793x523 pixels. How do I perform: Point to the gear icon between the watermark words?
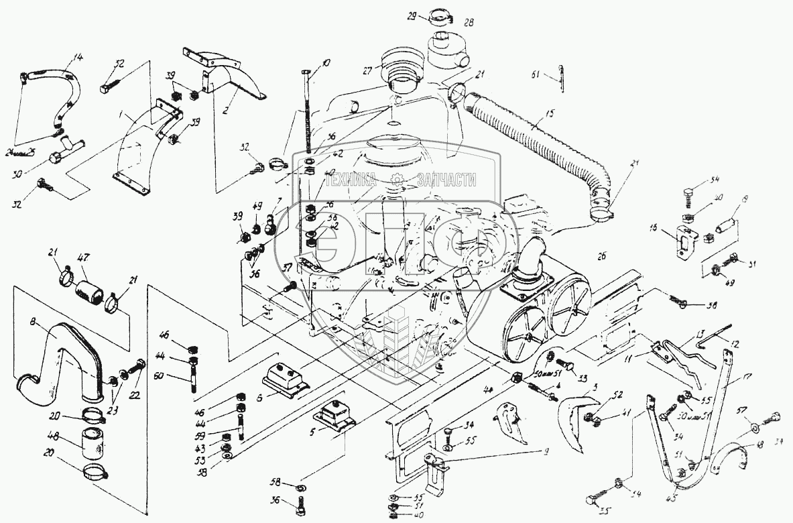pos(398,179)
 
